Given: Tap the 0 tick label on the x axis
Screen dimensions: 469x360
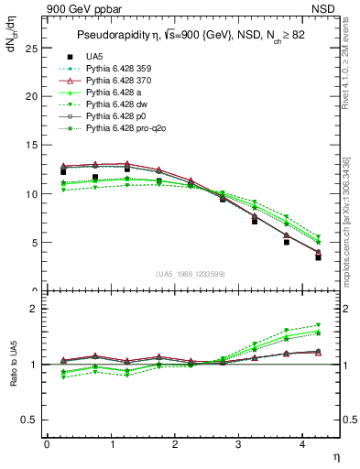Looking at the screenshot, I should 47,444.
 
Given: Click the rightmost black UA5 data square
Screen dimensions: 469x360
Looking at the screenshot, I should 318,257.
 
